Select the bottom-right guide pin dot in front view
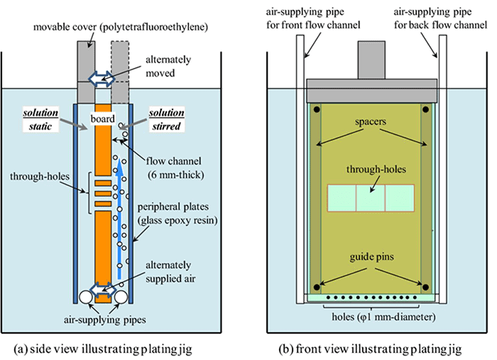coord(425,287)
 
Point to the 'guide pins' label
coord(371,253)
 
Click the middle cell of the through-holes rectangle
coord(370,198)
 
